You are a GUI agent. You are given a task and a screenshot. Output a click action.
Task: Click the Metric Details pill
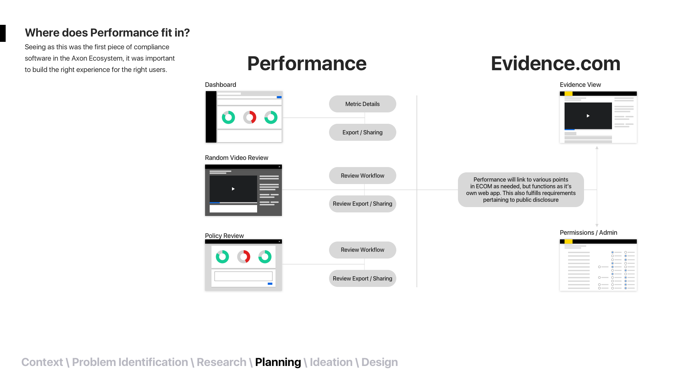point(362,104)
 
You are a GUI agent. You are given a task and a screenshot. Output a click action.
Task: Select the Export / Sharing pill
point(362,132)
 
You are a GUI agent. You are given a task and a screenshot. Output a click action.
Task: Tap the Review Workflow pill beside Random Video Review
point(362,176)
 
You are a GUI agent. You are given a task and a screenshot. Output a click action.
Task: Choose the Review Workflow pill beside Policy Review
point(362,250)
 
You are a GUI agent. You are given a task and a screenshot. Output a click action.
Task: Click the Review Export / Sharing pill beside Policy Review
point(362,278)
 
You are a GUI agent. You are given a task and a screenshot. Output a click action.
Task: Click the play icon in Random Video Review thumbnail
point(233,189)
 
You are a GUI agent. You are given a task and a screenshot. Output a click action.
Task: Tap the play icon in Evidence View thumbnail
point(588,116)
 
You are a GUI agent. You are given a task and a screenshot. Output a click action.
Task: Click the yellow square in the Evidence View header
point(568,94)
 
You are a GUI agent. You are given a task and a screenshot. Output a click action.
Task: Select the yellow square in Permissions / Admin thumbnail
point(568,242)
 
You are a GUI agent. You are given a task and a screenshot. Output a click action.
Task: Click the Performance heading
point(307,63)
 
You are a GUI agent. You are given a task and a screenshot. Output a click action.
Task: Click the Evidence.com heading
point(555,63)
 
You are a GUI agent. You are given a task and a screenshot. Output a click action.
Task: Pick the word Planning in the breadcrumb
point(278,362)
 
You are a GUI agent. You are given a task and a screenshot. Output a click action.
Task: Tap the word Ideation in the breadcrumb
point(331,362)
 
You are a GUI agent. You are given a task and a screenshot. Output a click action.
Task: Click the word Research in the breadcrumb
point(221,362)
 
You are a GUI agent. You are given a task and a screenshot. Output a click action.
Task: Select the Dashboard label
point(220,85)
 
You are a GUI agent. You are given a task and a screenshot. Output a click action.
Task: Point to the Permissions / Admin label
point(588,233)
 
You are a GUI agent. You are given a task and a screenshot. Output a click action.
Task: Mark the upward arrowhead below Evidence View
point(597,148)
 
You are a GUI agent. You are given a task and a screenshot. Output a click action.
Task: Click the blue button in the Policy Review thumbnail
point(270,284)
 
